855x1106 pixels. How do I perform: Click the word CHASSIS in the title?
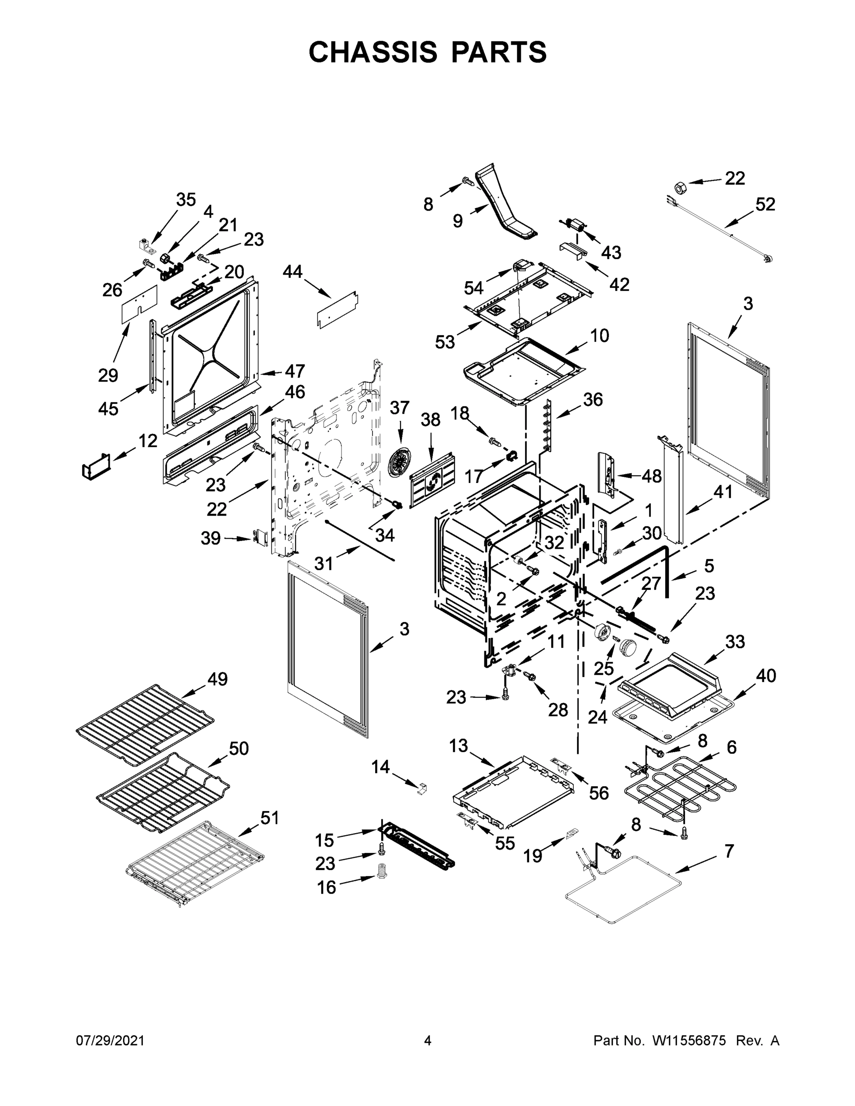coord(373,52)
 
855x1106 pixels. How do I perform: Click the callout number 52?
coord(765,204)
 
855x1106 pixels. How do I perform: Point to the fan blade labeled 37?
coord(400,463)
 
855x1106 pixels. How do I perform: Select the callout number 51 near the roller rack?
coord(270,818)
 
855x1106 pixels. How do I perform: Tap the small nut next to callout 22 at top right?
coord(681,188)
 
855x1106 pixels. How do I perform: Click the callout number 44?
coord(292,272)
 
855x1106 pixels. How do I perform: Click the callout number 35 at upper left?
coord(186,200)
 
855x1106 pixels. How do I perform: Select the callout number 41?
coord(723,491)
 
